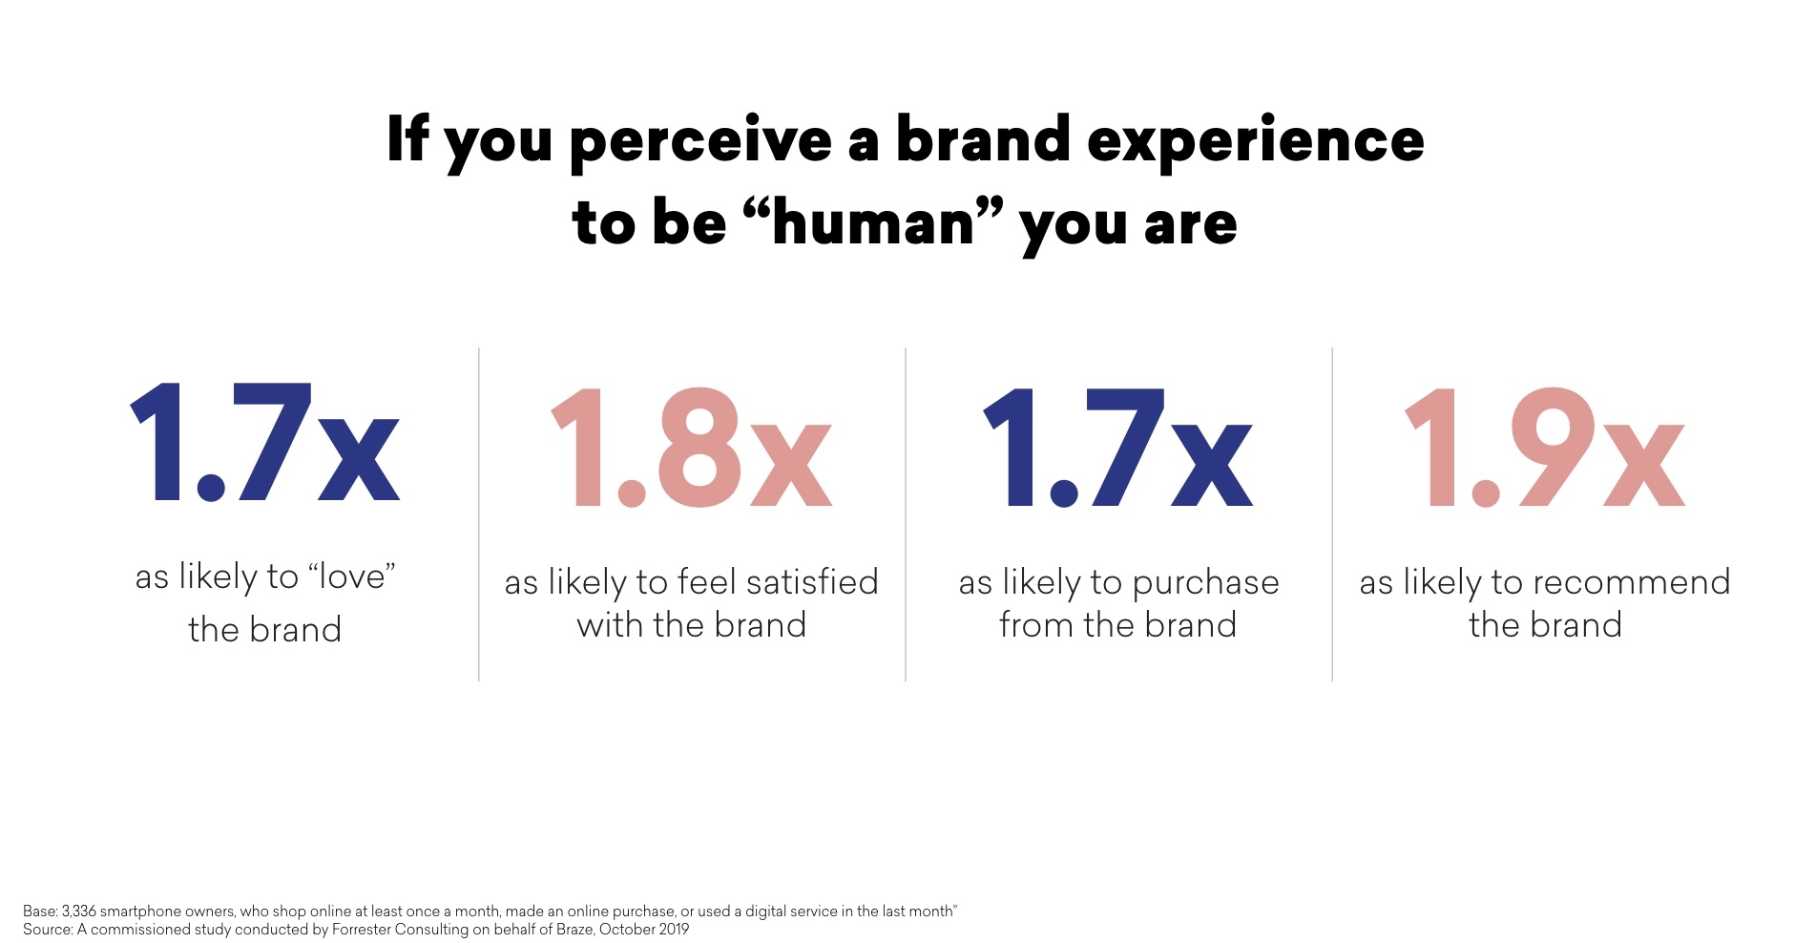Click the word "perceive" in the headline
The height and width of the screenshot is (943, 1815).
pos(700,142)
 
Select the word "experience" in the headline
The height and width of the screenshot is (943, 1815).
pos(1255,142)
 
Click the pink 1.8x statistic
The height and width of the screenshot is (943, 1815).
pos(692,447)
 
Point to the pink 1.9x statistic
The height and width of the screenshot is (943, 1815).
pos(1545,447)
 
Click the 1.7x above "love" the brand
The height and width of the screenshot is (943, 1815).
pos(264,442)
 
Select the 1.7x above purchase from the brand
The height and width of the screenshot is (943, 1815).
pos(1117,447)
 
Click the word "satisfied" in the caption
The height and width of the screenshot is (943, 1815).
pos(812,581)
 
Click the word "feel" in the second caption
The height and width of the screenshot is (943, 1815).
pos(707,581)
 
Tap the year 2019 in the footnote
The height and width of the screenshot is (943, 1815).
pos(673,930)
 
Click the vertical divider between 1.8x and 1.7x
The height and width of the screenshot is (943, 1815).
pos(906,514)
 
